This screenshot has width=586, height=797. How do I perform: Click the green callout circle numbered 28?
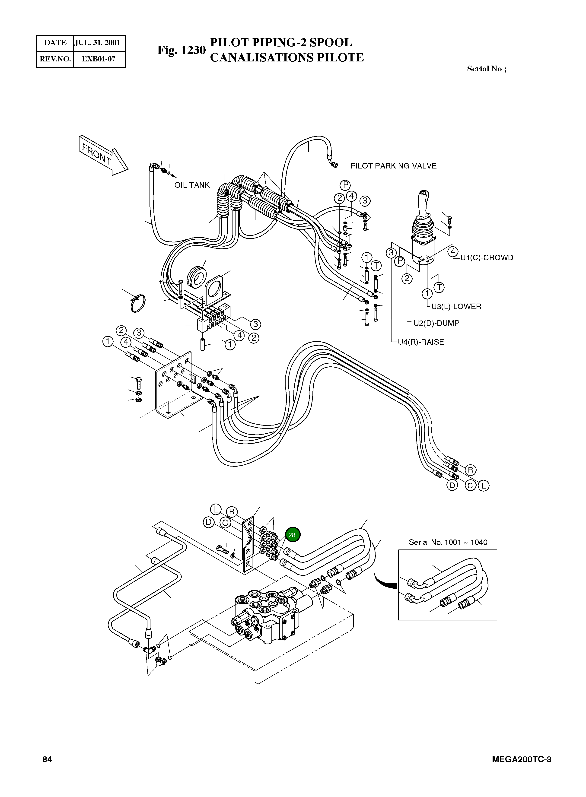click(292, 535)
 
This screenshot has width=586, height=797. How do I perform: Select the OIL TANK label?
click(192, 185)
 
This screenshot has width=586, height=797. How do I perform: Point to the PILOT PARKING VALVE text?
click(393, 166)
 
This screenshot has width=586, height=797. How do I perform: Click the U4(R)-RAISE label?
click(421, 342)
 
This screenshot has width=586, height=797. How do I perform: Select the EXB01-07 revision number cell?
click(98, 59)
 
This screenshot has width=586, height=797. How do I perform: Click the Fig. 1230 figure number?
click(181, 50)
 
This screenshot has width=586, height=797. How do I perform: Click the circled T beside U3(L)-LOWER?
click(439, 287)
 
